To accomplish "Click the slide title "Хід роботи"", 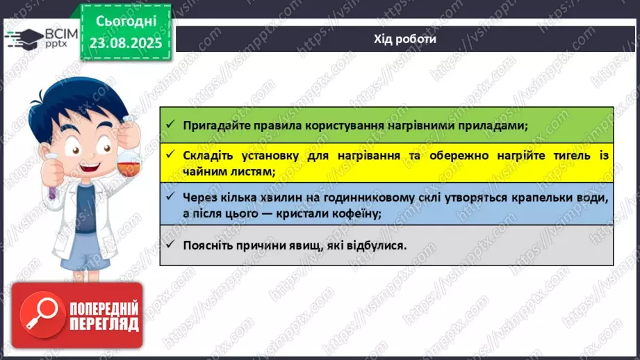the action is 405,39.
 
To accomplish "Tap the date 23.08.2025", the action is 126,43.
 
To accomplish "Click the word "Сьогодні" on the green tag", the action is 126,22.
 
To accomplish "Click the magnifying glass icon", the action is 42,315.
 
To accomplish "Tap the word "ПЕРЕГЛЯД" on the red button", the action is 104,324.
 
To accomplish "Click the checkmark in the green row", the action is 170,124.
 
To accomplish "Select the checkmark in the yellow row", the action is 170,155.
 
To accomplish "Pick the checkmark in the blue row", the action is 170,197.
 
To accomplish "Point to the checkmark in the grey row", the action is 170,245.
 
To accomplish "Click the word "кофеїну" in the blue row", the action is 356,213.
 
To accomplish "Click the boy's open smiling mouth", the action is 90,167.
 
